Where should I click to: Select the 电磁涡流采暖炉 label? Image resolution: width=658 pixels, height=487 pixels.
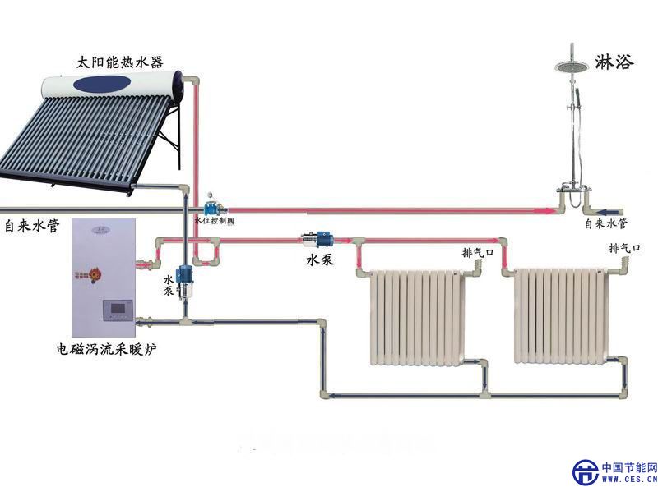pos(106,350)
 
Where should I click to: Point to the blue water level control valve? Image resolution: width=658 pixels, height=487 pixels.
pos(213,206)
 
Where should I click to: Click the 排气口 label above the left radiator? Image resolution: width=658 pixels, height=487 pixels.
pos(477,252)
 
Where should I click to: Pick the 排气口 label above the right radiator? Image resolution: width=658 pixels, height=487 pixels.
pos(623,247)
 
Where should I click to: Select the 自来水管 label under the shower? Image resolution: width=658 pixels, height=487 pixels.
pos(606,223)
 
